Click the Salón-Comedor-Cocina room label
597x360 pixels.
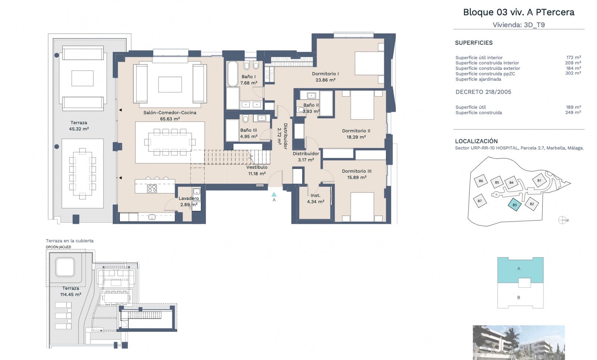pos(170,113)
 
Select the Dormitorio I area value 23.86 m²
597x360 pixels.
pos(325,80)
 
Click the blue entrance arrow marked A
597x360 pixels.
pos(274,194)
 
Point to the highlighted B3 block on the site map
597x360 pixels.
pos(515,205)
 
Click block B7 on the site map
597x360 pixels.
pos(479,201)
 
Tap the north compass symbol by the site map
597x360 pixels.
pos(562,220)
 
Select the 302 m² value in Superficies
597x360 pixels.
pos(573,73)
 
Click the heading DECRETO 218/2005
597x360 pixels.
pos(483,92)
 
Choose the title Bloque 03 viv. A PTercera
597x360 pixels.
pos(519,12)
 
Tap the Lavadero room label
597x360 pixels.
pos(188,198)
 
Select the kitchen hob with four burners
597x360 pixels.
pos(152,188)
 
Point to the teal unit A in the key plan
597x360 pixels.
pos(519,269)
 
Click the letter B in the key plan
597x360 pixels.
pos(519,297)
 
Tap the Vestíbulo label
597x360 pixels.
pos(257,168)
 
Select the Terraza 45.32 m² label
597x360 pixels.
pos(79,126)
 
